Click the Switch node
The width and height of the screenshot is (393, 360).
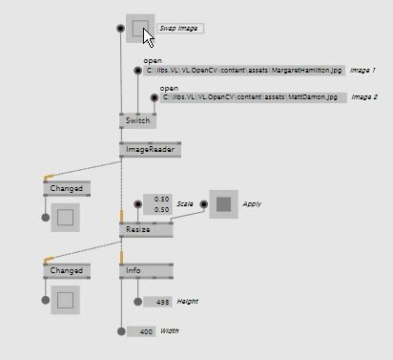click(x=138, y=121)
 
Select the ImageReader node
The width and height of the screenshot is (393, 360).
click(x=149, y=150)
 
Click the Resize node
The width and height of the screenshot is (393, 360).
click(x=145, y=230)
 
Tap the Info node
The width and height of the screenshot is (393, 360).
click(x=146, y=271)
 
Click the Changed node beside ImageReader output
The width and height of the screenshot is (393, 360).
click(x=66, y=189)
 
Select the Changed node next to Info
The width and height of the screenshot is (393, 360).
click(x=66, y=271)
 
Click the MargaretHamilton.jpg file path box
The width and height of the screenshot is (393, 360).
click(x=244, y=71)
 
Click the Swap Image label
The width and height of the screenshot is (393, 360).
click(x=178, y=29)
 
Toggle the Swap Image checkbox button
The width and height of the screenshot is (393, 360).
click(x=140, y=29)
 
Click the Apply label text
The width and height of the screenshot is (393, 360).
click(x=252, y=203)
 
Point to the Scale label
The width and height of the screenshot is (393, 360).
click(x=185, y=204)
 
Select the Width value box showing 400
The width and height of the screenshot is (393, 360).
click(x=141, y=331)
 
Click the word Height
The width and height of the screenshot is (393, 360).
click(x=187, y=302)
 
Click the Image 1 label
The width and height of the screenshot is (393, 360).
click(x=362, y=71)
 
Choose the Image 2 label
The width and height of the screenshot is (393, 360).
click(x=363, y=97)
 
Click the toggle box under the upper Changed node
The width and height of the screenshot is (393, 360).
click(x=65, y=218)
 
